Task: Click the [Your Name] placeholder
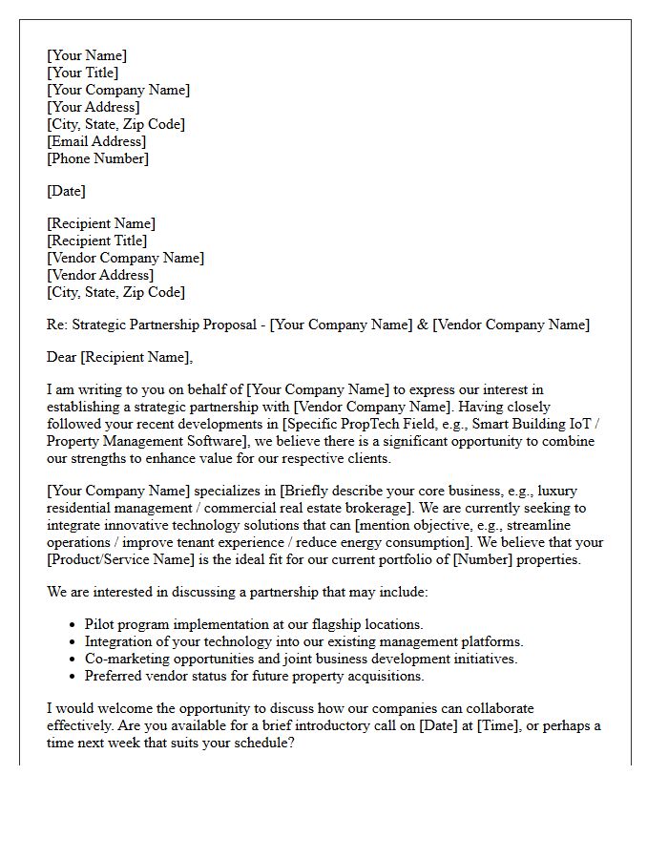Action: [87, 55]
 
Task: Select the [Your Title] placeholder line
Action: [83, 73]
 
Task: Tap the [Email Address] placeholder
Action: [96, 141]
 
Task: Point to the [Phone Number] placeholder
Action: [98, 158]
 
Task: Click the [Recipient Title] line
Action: [97, 241]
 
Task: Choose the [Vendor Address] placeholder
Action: [100, 275]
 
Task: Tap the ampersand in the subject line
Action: [422, 325]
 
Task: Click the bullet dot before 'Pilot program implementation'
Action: [73, 625]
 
